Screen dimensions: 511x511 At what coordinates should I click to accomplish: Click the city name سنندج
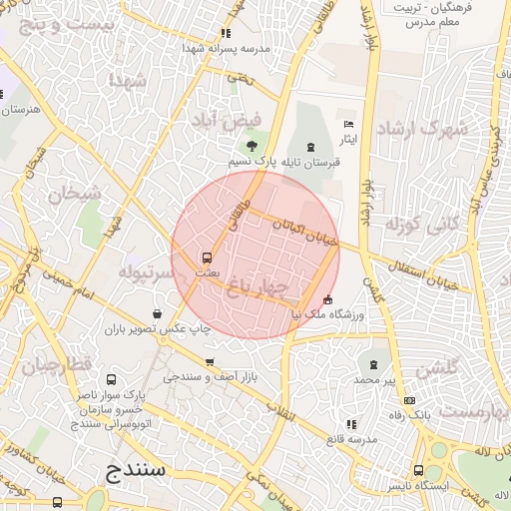click(x=141, y=469)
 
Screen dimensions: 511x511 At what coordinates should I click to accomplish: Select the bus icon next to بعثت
click(x=207, y=256)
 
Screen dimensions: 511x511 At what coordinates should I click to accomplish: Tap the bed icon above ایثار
click(x=347, y=124)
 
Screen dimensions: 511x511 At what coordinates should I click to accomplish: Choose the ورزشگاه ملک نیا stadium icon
click(x=328, y=299)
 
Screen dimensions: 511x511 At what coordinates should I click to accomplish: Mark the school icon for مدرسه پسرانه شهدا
click(x=225, y=33)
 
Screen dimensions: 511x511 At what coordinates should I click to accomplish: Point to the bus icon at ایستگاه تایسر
click(x=419, y=472)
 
